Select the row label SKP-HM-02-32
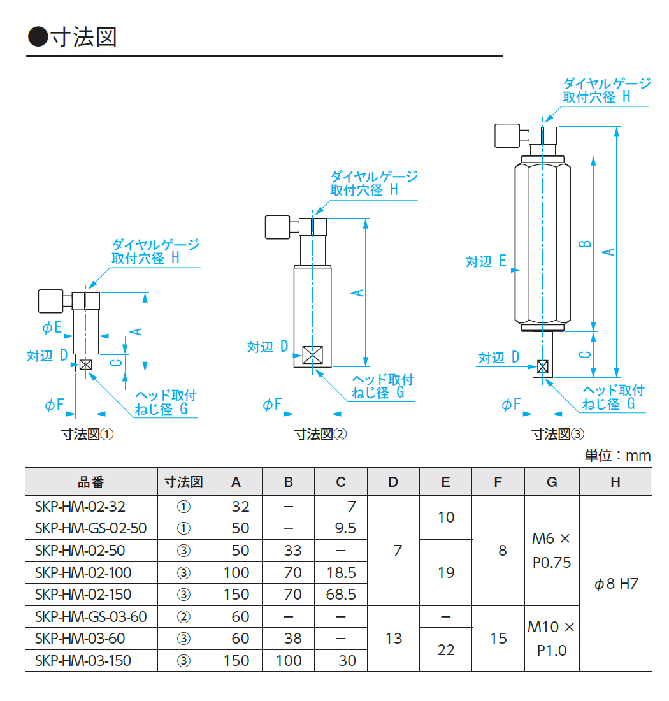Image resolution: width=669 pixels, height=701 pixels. point(80,507)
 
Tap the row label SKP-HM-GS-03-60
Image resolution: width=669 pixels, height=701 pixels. point(91,617)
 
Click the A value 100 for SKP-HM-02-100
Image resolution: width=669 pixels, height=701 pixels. point(236,572)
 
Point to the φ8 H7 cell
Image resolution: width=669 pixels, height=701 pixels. point(615,584)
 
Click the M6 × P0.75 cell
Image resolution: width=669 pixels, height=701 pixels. point(552,551)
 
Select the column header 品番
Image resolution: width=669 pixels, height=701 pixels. point(90,482)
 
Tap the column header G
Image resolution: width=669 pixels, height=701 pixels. point(552,482)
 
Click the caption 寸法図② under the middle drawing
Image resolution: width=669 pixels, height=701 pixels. point(320,435)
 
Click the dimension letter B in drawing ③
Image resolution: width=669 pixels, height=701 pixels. point(586,243)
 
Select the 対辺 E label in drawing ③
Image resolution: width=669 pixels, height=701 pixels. point(486,261)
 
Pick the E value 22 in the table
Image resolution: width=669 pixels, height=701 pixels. point(446,649)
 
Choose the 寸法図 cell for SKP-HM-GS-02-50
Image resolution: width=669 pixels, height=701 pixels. point(183,528)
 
